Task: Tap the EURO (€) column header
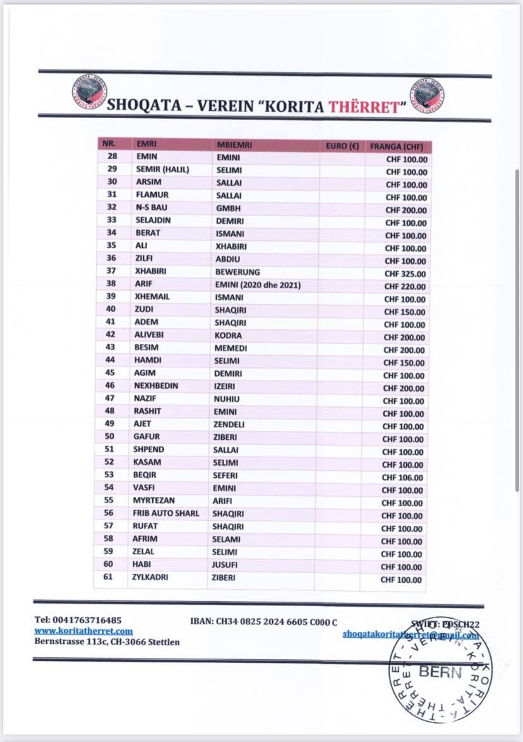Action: [342, 145]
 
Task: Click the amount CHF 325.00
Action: [405, 274]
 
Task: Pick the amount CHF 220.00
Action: [405, 286]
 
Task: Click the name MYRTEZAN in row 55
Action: [153, 500]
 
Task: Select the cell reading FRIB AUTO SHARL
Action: [165, 513]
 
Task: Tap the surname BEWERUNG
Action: [237, 272]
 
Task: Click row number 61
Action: [108, 576]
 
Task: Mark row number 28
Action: [112, 155]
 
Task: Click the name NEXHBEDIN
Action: [155, 386]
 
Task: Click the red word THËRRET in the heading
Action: [363, 105]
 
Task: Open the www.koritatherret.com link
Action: [83, 631]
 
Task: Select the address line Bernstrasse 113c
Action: [107, 642]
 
